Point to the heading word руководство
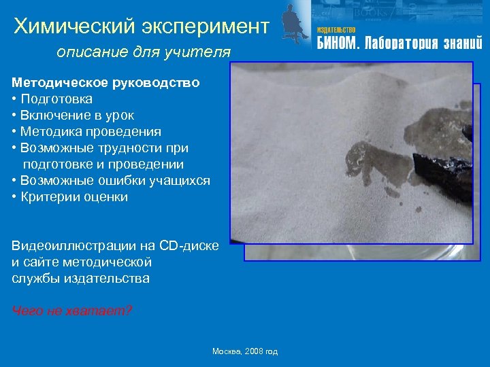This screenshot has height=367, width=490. [156, 83]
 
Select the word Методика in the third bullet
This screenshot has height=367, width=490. [51, 132]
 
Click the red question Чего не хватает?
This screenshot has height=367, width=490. [72, 311]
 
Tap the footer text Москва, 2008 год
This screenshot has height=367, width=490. [245, 351]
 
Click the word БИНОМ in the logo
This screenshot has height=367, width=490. [336, 44]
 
